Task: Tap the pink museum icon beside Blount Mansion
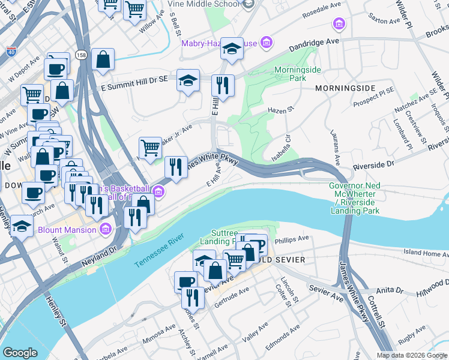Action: pos(106,229)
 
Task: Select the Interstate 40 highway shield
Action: pos(12,52)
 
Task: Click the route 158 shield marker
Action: pos(80,55)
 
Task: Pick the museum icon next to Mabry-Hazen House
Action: pos(267,43)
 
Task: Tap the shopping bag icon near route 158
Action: pos(103,59)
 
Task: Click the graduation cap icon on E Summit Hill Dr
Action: pos(188,80)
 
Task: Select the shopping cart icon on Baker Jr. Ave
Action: pos(149,146)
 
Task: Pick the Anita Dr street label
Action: pos(390,290)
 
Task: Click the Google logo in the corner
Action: pos(20,353)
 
